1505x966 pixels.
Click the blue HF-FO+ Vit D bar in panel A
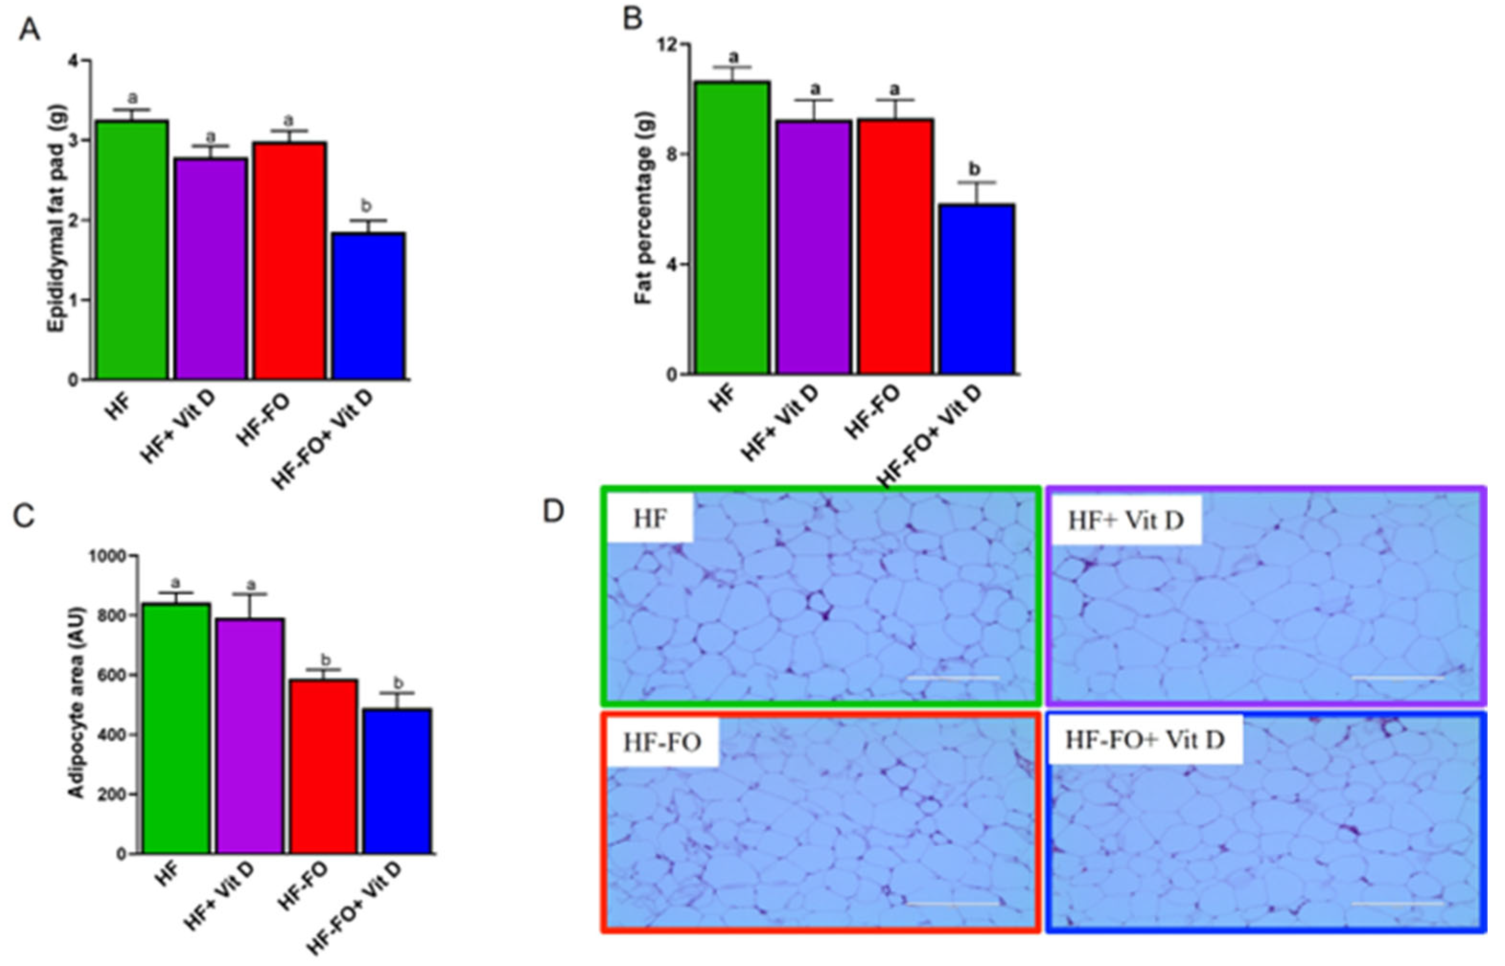[369, 306]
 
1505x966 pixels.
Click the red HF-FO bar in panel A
[290, 261]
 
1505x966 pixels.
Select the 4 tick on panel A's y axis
[75, 61]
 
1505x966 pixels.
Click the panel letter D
[554, 511]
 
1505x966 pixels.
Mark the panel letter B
[633, 19]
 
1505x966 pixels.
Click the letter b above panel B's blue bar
[974, 169]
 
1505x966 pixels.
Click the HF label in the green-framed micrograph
[649, 519]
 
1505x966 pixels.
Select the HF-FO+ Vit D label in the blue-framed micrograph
[1145, 740]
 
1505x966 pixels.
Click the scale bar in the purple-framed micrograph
[1397, 678]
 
